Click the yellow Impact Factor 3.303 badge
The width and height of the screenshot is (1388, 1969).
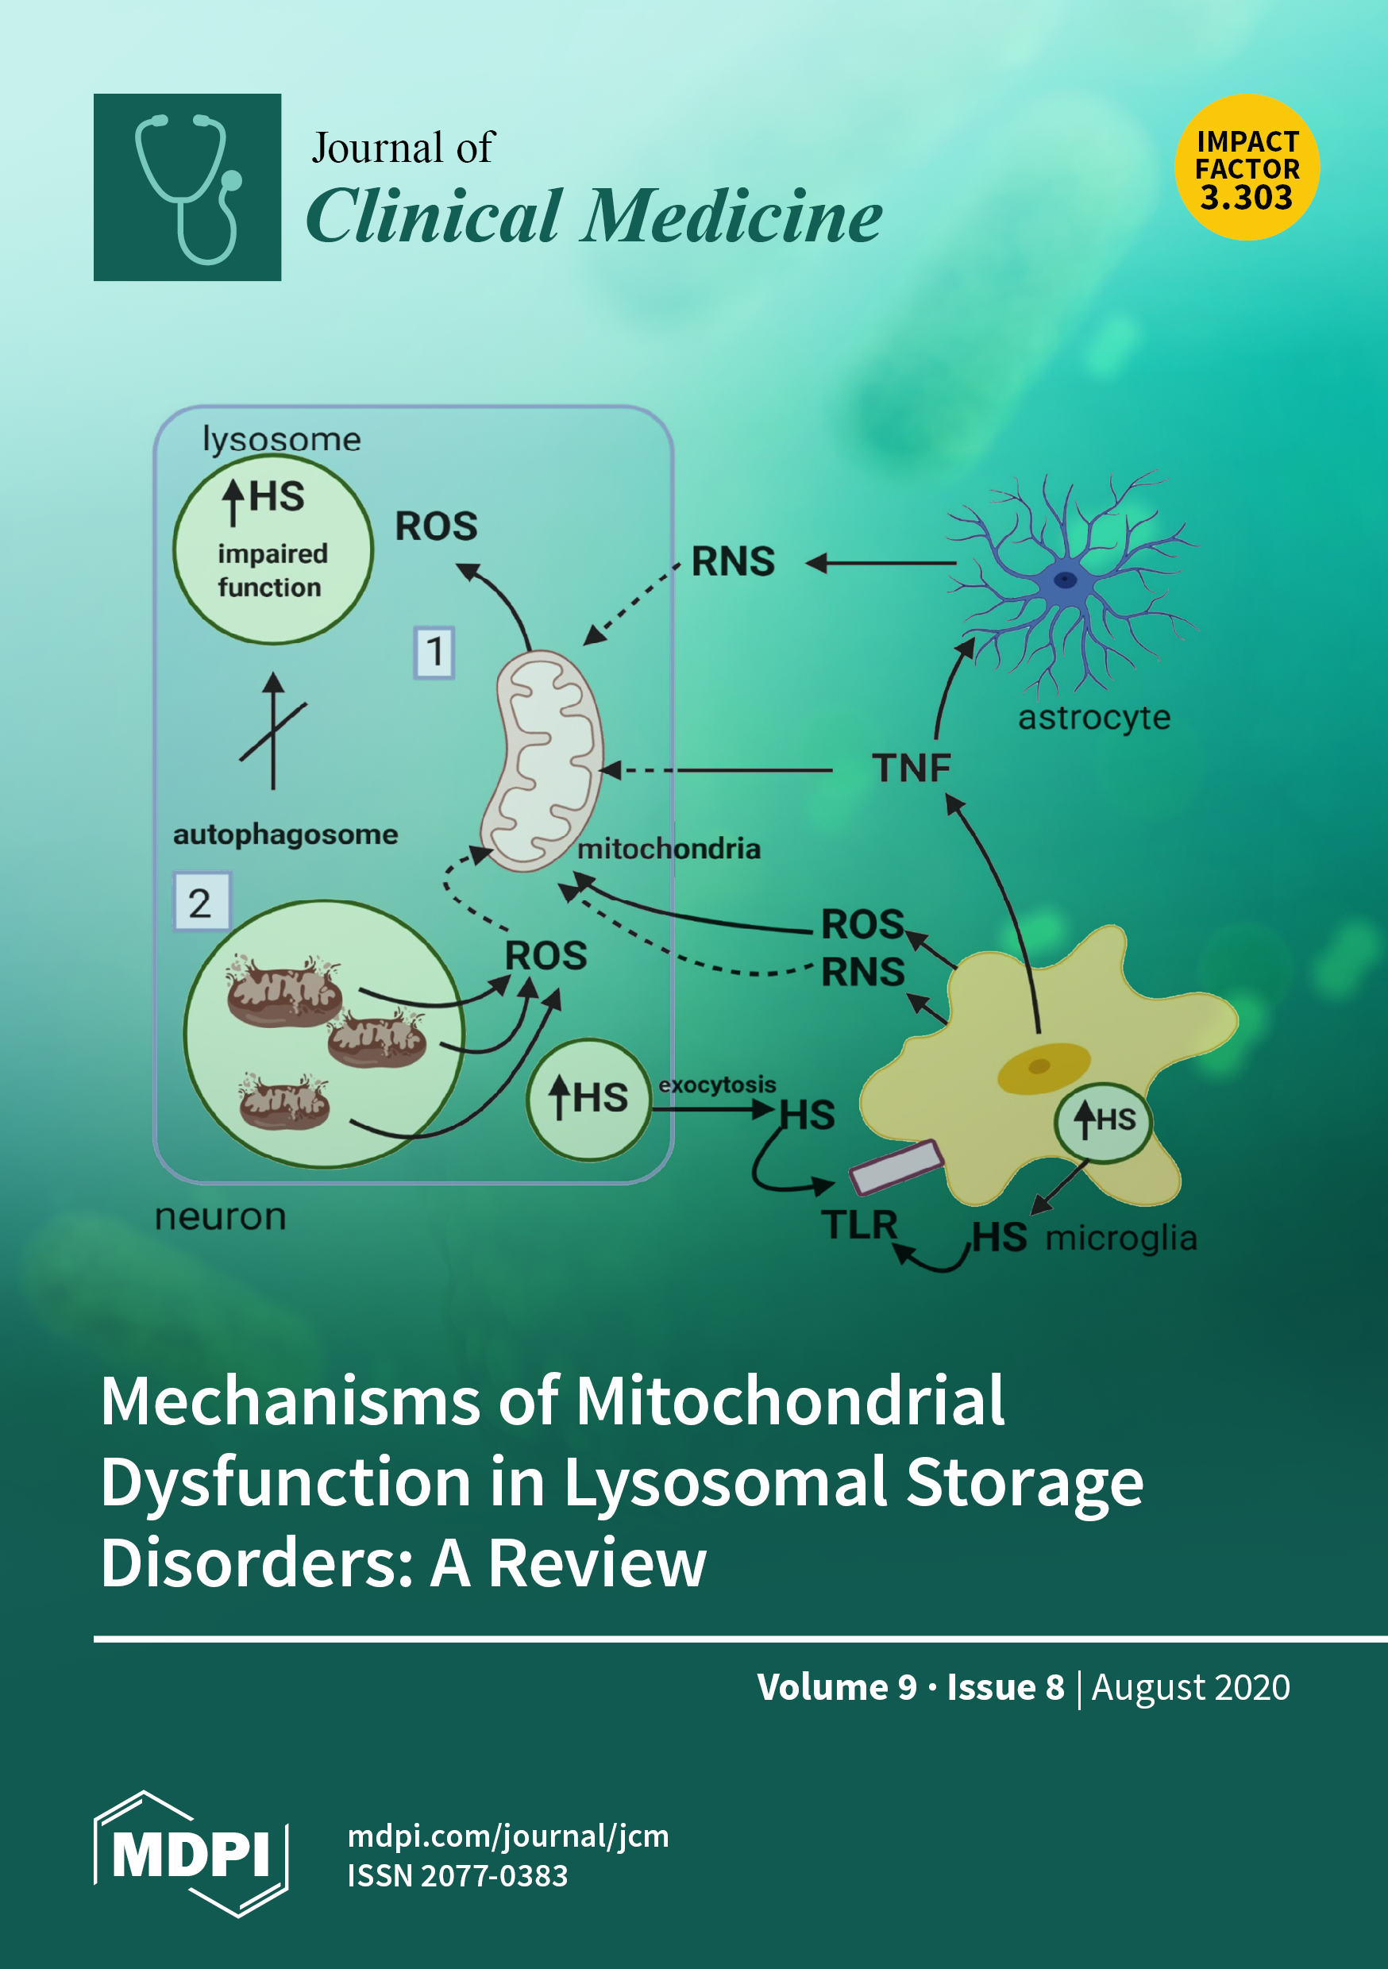[1246, 168]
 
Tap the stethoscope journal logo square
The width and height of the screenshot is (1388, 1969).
[187, 187]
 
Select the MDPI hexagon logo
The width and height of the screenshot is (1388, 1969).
[191, 1852]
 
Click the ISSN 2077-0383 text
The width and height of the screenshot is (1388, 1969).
[457, 1875]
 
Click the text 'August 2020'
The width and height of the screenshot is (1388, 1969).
[1189, 1687]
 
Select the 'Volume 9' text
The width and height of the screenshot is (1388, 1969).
[836, 1687]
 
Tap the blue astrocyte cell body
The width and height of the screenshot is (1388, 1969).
[1066, 580]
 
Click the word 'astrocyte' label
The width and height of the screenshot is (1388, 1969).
[1093, 717]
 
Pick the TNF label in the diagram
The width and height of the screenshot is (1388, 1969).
[911, 768]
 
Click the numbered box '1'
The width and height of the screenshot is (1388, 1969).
[434, 652]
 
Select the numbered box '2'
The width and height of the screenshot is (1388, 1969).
[201, 902]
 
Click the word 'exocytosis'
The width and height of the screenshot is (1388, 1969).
[717, 1084]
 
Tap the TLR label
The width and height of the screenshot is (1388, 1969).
[858, 1223]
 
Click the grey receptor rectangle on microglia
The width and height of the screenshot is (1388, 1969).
[896, 1167]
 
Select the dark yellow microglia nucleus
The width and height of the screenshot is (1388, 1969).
[1043, 1068]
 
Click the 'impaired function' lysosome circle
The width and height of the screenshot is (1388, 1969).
[273, 549]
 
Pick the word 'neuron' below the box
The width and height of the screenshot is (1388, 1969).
[221, 1216]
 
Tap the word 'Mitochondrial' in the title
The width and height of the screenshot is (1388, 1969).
[789, 1401]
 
